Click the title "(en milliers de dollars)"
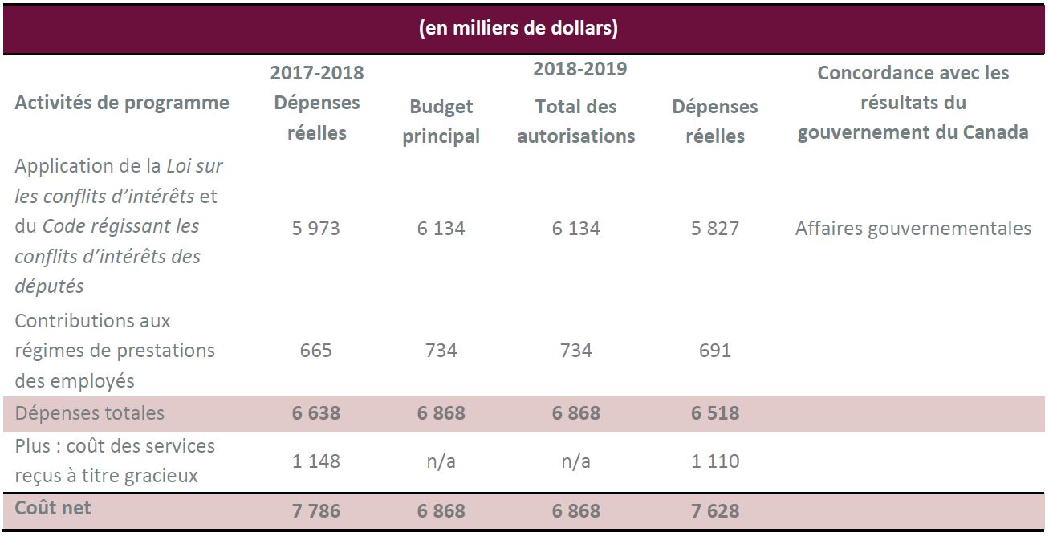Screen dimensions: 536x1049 tap(518, 29)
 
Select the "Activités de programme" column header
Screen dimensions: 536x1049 tap(122, 103)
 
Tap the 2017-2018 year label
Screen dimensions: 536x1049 tap(316, 73)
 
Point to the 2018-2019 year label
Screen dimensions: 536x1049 tap(579, 69)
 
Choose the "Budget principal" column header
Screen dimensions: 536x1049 tap(441, 121)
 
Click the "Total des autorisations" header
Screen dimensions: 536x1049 tap(575, 121)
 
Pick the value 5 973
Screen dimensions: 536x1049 tap(316, 229)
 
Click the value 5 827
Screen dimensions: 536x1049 tap(715, 229)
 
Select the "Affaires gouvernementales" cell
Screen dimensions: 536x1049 tap(913, 229)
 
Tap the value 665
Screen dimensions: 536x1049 tap(315, 351)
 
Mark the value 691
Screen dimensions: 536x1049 tap(714, 351)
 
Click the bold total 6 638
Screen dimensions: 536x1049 tap(316, 413)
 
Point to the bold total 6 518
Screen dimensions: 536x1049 tap(715, 413)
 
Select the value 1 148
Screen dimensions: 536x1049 tap(316, 461)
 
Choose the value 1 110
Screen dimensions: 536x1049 tap(715, 461)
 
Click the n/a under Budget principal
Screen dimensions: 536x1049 tap(441, 461)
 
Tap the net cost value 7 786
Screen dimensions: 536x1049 tap(316, 511)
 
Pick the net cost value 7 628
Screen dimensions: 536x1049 tap(715, 511)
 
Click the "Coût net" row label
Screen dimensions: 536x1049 tap(53, 508)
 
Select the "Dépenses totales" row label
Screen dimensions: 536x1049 tap(89, 413)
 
